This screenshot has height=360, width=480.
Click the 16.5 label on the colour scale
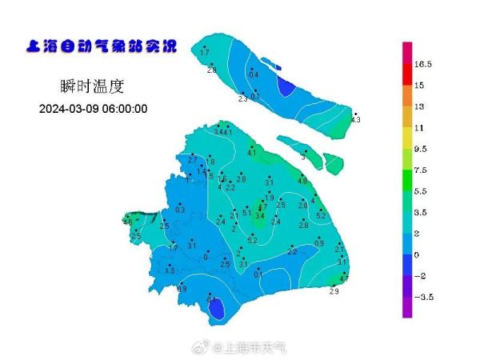(423, 64)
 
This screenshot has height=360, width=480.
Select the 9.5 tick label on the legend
(422, 149)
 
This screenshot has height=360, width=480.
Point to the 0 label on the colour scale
(417, 255)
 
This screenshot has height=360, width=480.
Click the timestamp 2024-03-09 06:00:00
(93, 109)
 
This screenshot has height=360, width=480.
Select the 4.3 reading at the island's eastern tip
(356, 120)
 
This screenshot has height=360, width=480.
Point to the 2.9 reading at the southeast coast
(334, 292)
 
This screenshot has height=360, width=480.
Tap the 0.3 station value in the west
(180, 210)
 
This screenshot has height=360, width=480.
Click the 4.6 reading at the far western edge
(128, 222)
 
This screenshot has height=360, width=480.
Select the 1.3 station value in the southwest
(170, 271)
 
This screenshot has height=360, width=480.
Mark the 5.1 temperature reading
(246, 212)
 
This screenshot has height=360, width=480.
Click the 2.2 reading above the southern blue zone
(292, 252)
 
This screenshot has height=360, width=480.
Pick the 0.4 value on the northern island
(254, 74)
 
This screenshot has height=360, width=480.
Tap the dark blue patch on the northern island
(286, 86)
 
